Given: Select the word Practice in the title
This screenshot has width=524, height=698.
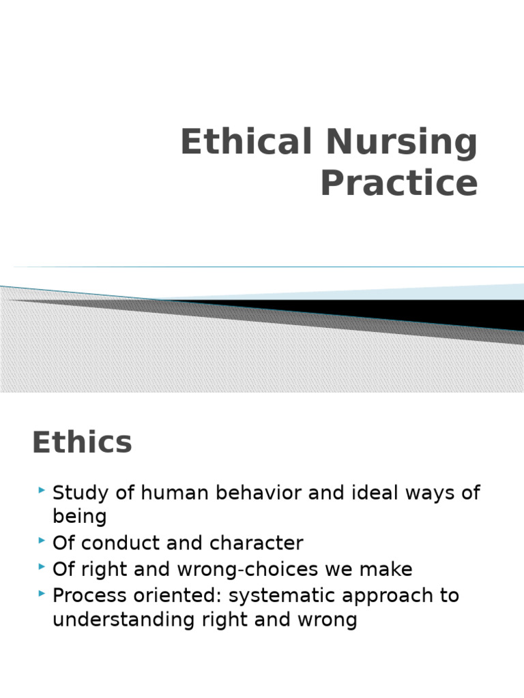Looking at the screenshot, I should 399,183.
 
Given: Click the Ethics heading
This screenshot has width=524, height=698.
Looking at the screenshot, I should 82,443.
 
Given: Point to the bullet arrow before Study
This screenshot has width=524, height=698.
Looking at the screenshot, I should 43,490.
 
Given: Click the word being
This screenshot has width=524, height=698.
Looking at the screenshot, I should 80,517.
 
